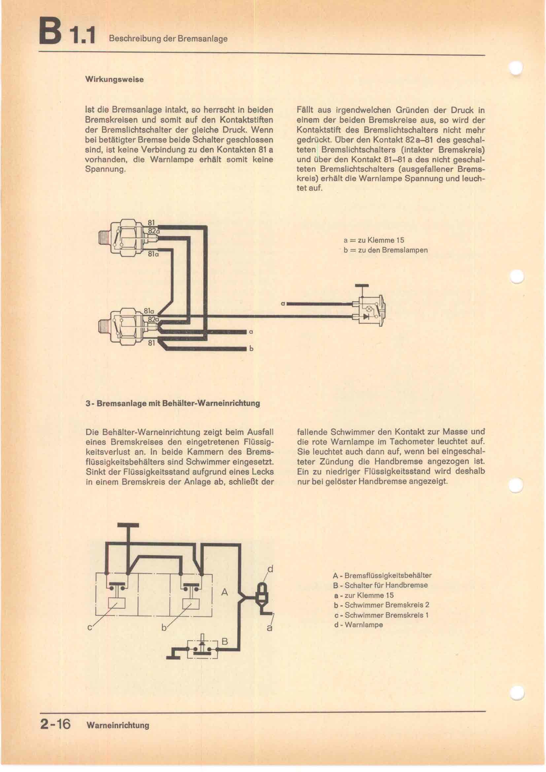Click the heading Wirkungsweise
tap(114, 79)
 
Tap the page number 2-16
tap(55, 724)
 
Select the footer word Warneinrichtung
tap(118, 725)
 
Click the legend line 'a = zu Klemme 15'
tap(374, 240)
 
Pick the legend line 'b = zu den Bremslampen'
tap(386, 250)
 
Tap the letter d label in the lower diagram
tap(270, 569)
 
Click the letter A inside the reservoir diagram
tap(224, 592)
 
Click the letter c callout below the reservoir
tap(90, 627)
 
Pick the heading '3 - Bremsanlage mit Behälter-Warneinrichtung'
tap(173, 403)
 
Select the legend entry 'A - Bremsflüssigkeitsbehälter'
tap(382, 575)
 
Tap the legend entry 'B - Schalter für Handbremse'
tap(380, 585)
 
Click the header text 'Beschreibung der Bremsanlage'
tap(168, 39)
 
